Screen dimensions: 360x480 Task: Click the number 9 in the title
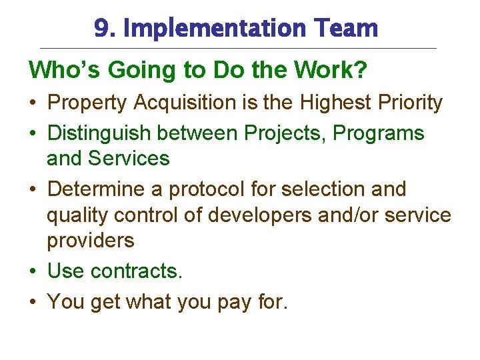[x=101, y=29]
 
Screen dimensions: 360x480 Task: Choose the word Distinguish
[x=99, y=133]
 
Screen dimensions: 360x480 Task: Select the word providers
[x=90, y=241]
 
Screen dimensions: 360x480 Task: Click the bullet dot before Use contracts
[x=33, y=271]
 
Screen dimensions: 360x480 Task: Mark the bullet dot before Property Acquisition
[x=33, y=103]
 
